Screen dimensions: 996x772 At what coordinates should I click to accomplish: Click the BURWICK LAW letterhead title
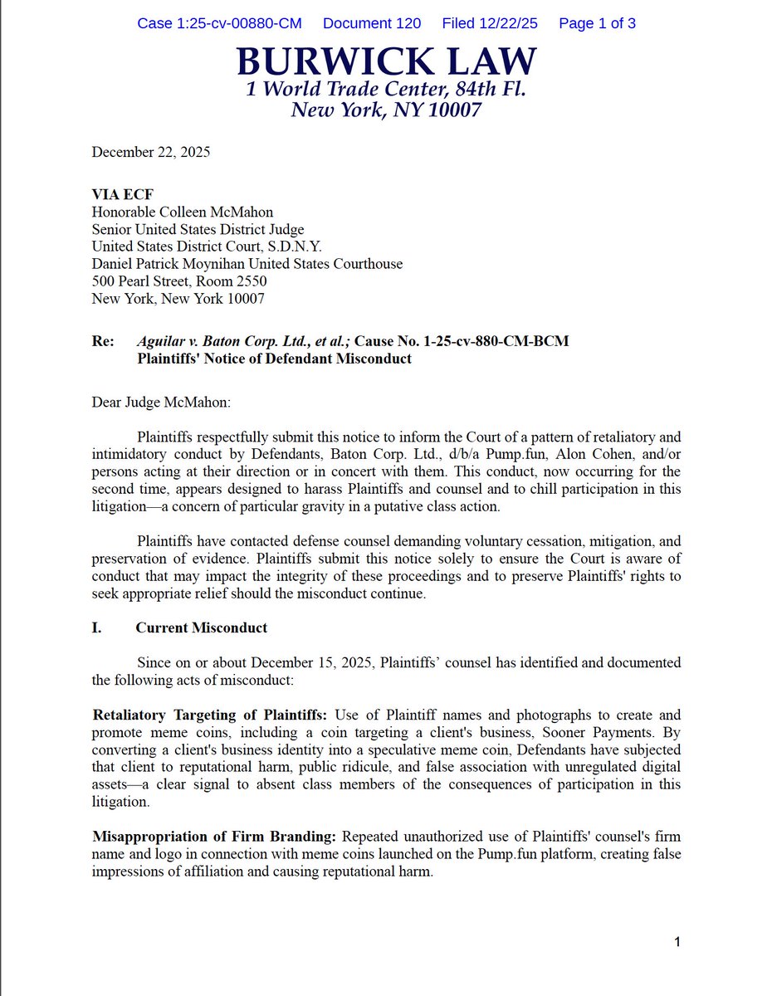click(386, 62)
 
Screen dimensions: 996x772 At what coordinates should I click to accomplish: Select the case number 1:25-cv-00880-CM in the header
click(219, 23)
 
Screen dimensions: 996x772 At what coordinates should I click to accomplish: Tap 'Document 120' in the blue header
click(372, 23)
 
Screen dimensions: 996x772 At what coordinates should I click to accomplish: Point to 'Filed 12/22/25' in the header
click(490, 23)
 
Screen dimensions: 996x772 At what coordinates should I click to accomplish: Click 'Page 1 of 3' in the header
click(598, 23)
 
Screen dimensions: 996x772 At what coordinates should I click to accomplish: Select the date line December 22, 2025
click(150, 152)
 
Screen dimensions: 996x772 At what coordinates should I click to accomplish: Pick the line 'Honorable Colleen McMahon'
click(182, 212)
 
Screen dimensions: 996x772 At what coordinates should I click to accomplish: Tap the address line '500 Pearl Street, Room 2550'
click(179, 281)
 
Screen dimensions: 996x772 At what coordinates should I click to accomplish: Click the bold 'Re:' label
click(103, 341)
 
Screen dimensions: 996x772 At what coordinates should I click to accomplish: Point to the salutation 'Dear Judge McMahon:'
click(161, 403)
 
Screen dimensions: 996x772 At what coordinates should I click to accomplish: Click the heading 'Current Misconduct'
click(202, 627)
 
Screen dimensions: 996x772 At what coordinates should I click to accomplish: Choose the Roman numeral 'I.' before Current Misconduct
click(97, 627)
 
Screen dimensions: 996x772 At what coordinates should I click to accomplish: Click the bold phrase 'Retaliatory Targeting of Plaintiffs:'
click(210, 715)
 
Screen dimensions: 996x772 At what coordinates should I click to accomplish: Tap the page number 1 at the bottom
click(677, 941)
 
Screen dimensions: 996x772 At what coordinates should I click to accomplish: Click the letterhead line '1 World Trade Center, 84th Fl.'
click(386, 89)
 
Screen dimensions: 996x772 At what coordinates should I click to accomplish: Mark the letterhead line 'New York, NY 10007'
click(386, 110)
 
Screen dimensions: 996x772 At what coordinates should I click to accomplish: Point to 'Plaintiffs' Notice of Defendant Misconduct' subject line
click(274, 359)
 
